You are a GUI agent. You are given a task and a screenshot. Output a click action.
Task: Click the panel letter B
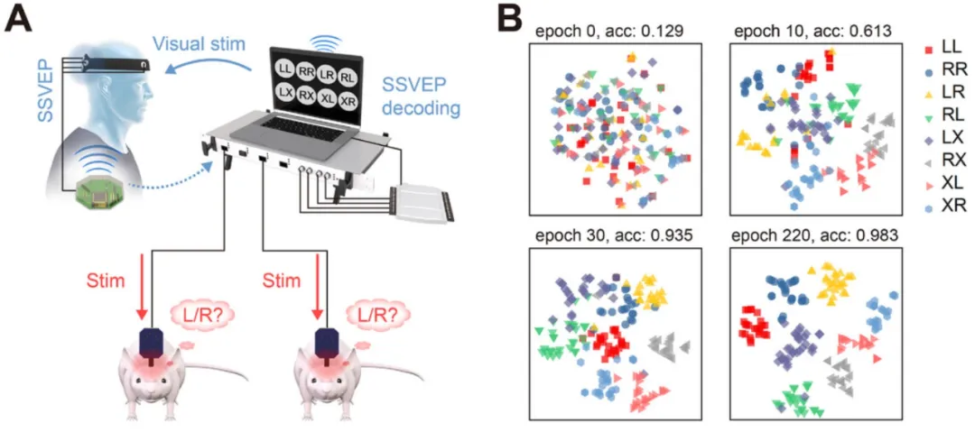pos(511,17)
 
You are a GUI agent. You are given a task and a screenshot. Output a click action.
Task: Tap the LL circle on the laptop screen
pos(285,69)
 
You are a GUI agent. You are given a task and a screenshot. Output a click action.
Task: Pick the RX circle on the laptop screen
pos(306,95)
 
